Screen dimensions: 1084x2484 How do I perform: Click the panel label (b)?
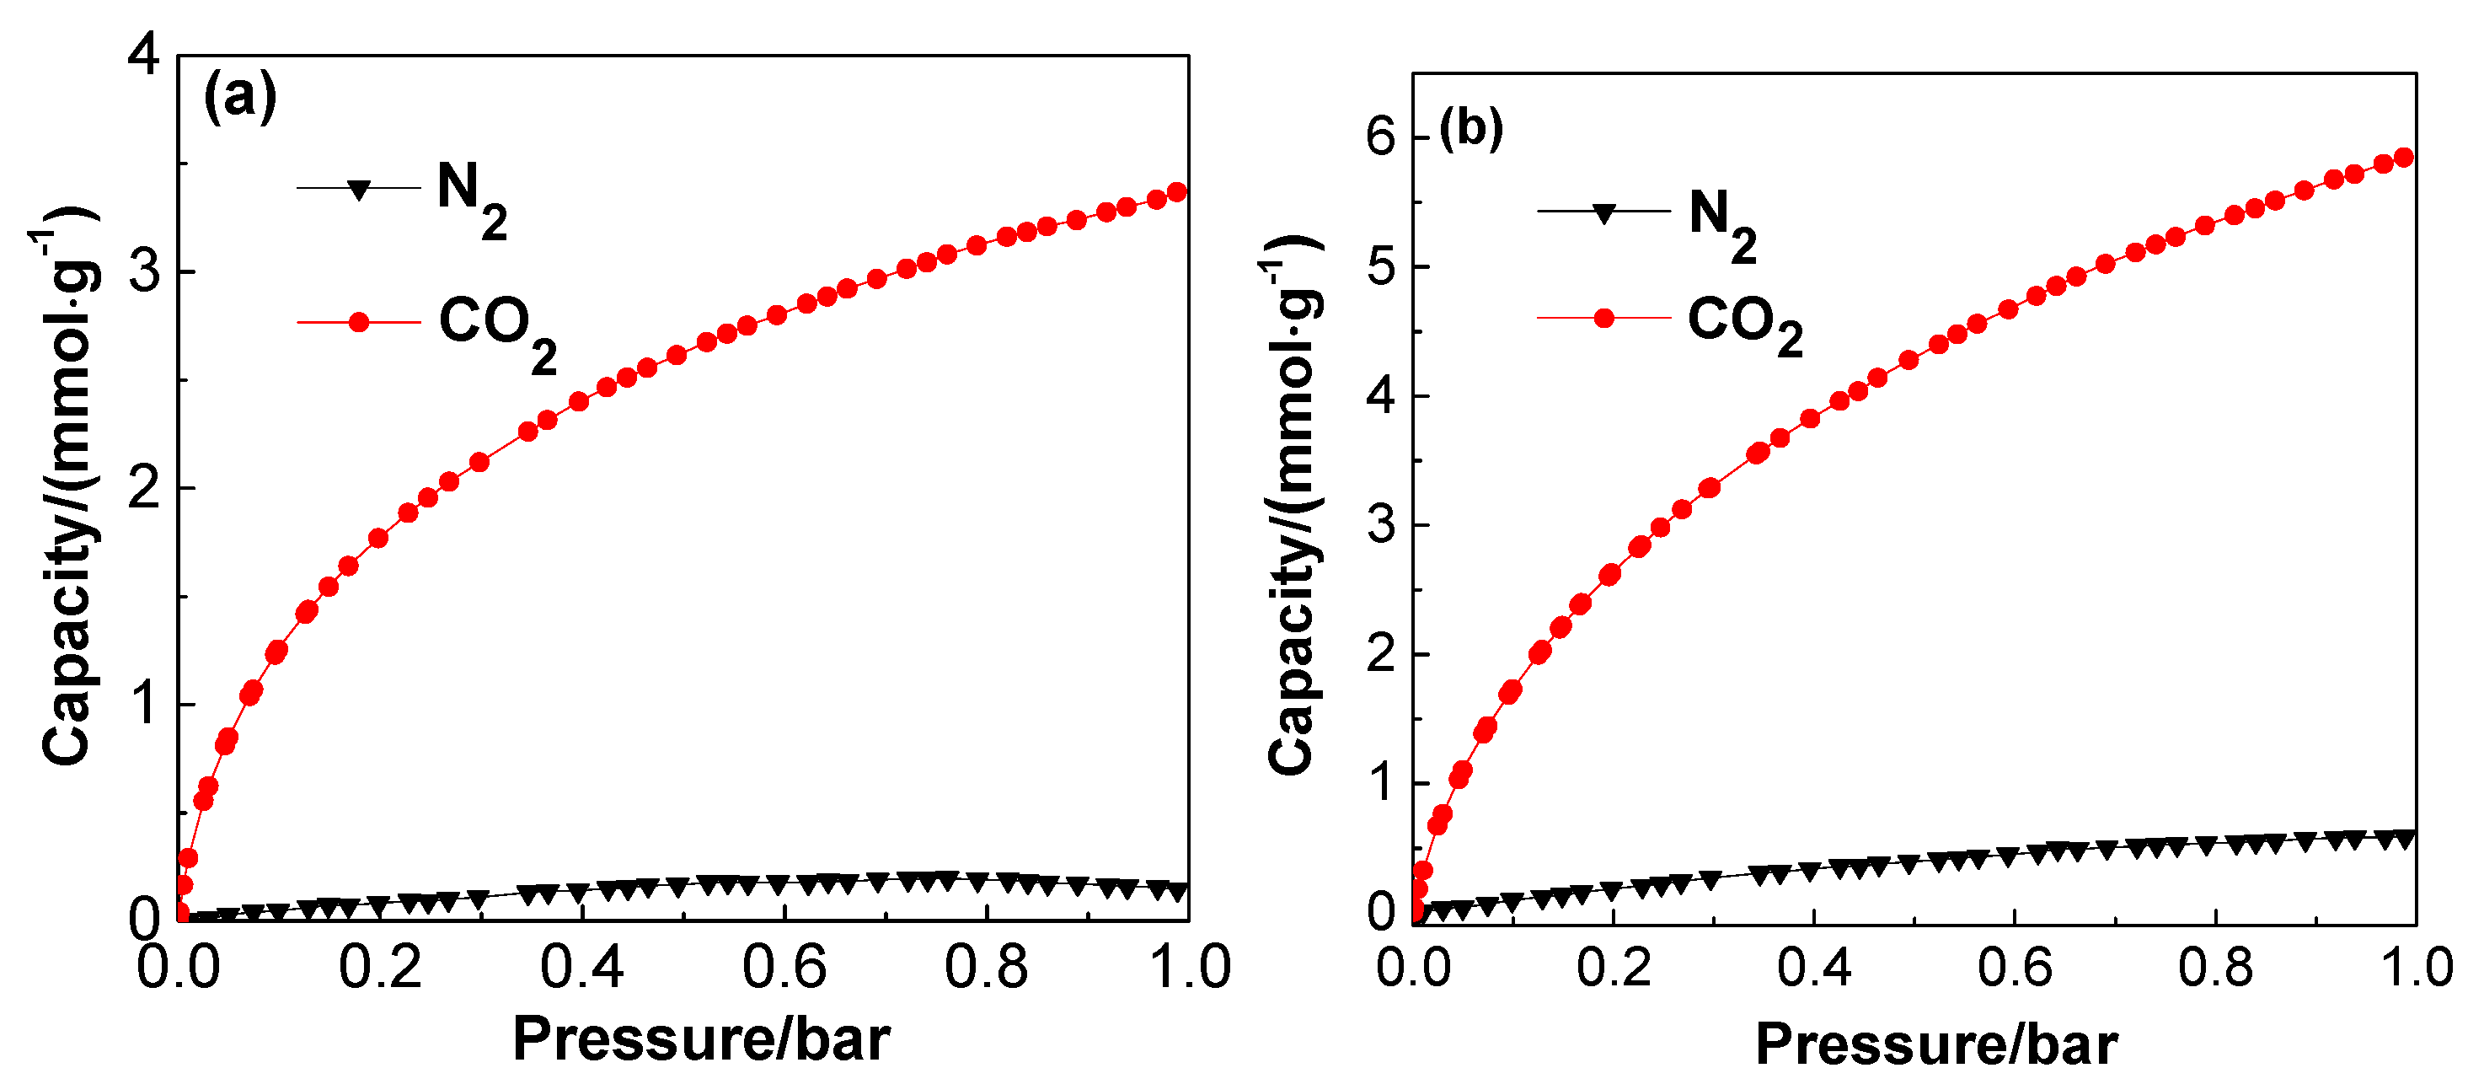click(1471, 127)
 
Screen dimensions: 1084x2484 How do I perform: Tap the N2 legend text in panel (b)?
click(1722, 223)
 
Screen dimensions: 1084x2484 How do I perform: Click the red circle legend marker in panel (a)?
click(359, 322)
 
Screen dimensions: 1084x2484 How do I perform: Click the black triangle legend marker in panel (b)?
click(1603, 213)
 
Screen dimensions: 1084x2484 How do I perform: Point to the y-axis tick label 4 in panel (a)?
click(145, 54)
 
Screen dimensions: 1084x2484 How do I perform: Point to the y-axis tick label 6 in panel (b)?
click(1381, 137)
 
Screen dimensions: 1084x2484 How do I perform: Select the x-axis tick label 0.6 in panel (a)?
click(784, 968)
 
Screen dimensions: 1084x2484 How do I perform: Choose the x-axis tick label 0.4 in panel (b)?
click(1815, 968)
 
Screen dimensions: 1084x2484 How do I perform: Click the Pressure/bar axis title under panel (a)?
click(701, 1039)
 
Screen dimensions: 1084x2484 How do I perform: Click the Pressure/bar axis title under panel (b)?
click(1936, 1044)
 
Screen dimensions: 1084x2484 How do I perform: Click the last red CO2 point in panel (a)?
click(1176, 192)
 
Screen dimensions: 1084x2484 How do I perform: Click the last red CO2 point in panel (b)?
click(2404, 157)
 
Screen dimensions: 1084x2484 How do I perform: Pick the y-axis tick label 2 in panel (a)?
click(145, 488)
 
